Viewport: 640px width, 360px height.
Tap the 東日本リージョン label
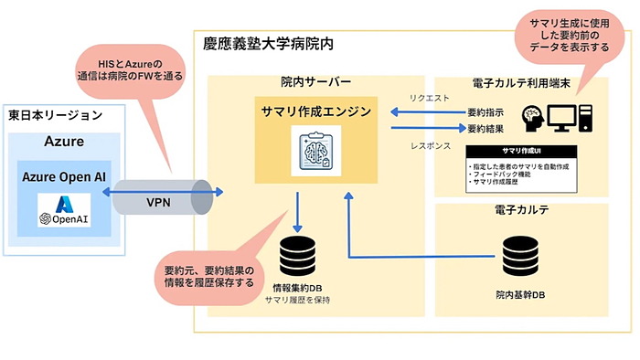pos(55,115)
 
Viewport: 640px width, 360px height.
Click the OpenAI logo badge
pos(63,219)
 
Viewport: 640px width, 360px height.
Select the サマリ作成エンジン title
pos(315,111)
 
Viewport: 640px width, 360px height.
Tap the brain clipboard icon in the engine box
pos(315,150)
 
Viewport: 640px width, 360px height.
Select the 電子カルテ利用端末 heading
pos(518,84)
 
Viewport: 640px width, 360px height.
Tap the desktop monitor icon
pos(560,116)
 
